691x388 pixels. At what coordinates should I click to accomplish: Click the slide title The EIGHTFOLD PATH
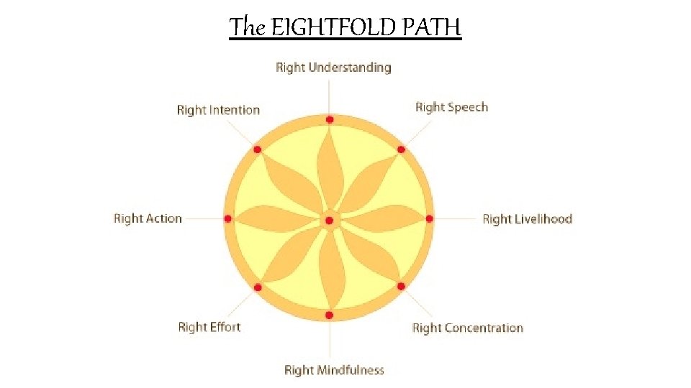pos(345,27)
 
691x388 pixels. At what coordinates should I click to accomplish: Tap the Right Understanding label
pos(333,68)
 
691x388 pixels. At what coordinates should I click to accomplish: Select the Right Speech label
pos(451,107)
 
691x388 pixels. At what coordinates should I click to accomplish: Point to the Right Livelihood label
pos(527,219)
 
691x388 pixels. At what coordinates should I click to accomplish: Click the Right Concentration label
pos(467,328)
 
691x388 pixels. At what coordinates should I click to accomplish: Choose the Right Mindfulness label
pos(334,370)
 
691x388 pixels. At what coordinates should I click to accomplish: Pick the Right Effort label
pos(209,327)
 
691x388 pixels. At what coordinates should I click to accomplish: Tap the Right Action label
pos(148,218)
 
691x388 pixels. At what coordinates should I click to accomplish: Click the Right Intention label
pos(218,110)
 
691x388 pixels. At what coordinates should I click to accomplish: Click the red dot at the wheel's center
pos(329,220)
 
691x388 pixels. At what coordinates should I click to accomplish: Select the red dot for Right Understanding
pos(329,120)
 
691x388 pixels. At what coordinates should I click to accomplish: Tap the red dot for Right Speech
pos(401,150)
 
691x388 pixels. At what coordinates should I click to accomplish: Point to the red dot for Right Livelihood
pos(430,218)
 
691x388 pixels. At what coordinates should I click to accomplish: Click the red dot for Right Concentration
pos(401,286)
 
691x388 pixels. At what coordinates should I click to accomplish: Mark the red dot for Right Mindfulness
pos(329,315)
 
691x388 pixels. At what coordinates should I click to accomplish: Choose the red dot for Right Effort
pos(258,287)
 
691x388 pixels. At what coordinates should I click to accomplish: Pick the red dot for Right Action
pos(228,218)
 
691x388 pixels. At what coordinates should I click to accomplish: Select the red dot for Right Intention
pos(258,150)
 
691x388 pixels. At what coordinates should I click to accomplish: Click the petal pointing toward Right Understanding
pos(329,169)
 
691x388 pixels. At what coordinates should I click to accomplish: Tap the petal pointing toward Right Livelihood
pos(381,218)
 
